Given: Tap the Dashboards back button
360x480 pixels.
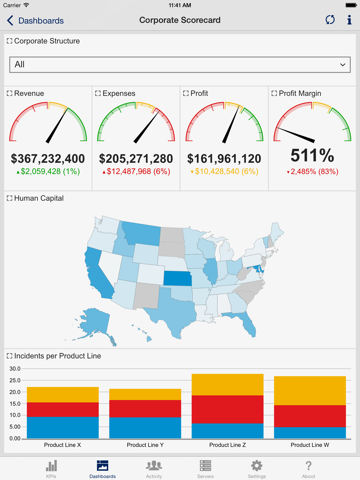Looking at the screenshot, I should (35, 20).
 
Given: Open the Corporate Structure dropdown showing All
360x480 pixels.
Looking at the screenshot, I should (180, 64).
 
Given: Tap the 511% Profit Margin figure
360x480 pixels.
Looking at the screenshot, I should (313, 156).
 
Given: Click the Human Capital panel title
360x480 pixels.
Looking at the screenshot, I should (36, 198).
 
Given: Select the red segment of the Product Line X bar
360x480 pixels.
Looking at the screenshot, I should (62, 409).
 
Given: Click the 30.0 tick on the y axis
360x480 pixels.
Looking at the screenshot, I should (14, 368).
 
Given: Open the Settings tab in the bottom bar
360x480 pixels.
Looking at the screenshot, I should (256, 468).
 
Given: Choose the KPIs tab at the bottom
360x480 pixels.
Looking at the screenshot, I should (51, 468).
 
